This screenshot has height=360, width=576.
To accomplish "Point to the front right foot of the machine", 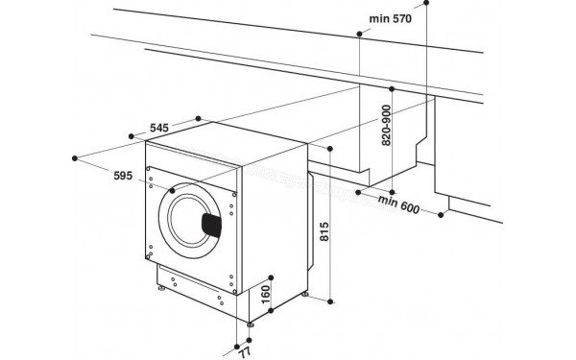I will pyautogui.click(x=251, y=324).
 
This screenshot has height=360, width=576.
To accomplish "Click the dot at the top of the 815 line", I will pyautogui.click(x=330, y=149).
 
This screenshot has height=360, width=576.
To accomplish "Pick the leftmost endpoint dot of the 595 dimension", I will pyautogui.click(x=76, y=154).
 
